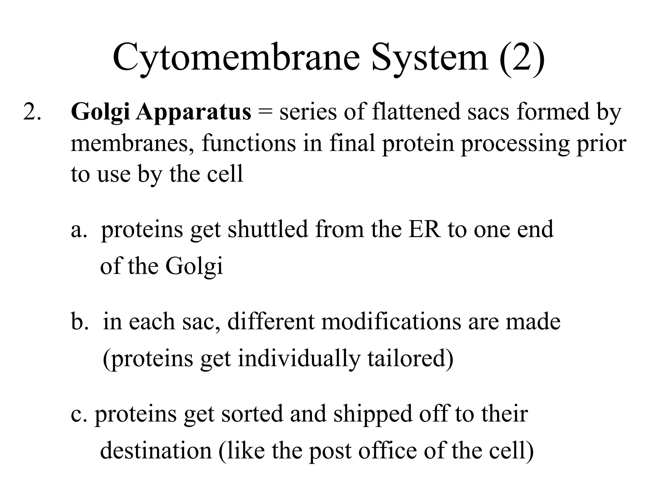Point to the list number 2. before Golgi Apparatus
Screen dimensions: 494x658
coord(32,113)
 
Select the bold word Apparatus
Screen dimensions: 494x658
coord(193,113)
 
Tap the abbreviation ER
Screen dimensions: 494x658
coord(424,229)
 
